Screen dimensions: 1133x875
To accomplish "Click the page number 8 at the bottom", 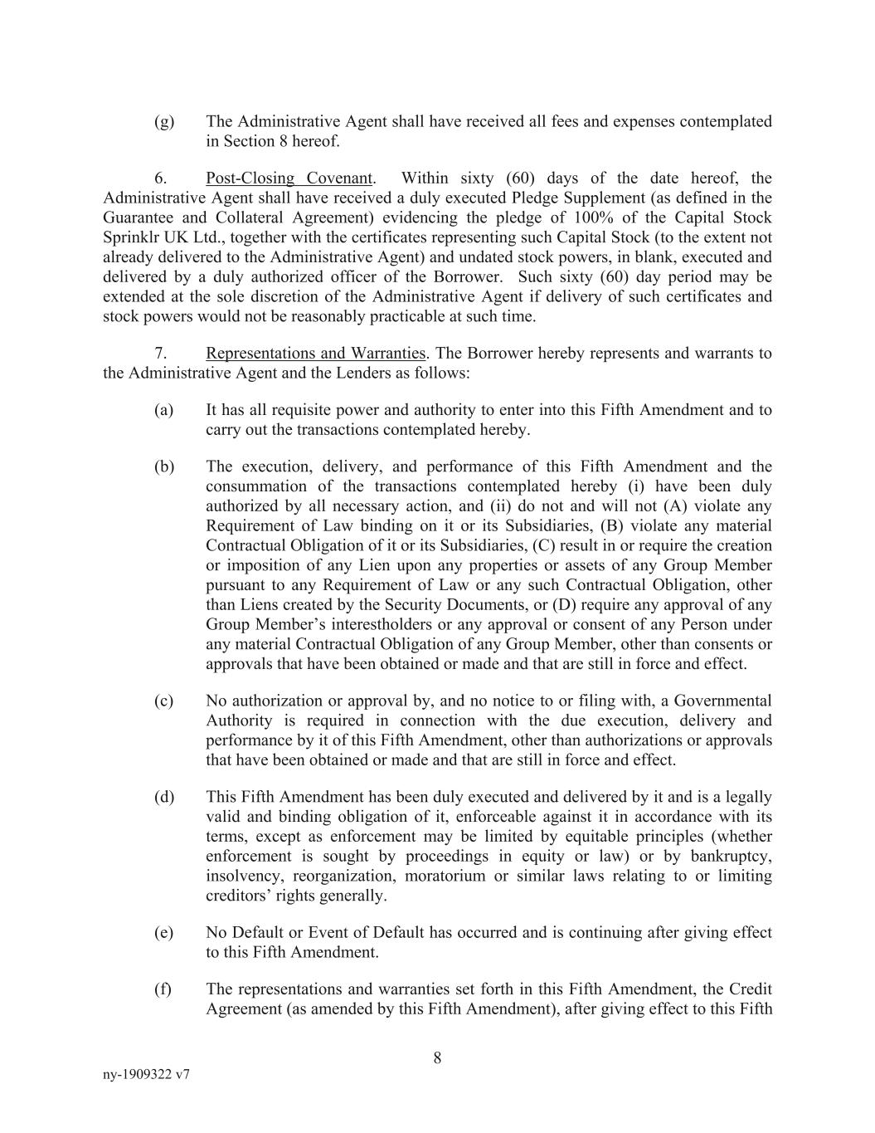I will click(x=437, y=1057).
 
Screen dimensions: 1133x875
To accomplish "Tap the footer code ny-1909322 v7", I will click(x=146, y=1074).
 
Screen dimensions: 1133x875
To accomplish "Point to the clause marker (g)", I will click(x=164, y=122).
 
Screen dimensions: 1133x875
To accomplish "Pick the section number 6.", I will click(x=161, y=178).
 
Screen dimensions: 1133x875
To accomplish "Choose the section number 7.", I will click(x=161, y=354).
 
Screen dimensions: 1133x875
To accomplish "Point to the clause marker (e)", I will click(x=163, y=933).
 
